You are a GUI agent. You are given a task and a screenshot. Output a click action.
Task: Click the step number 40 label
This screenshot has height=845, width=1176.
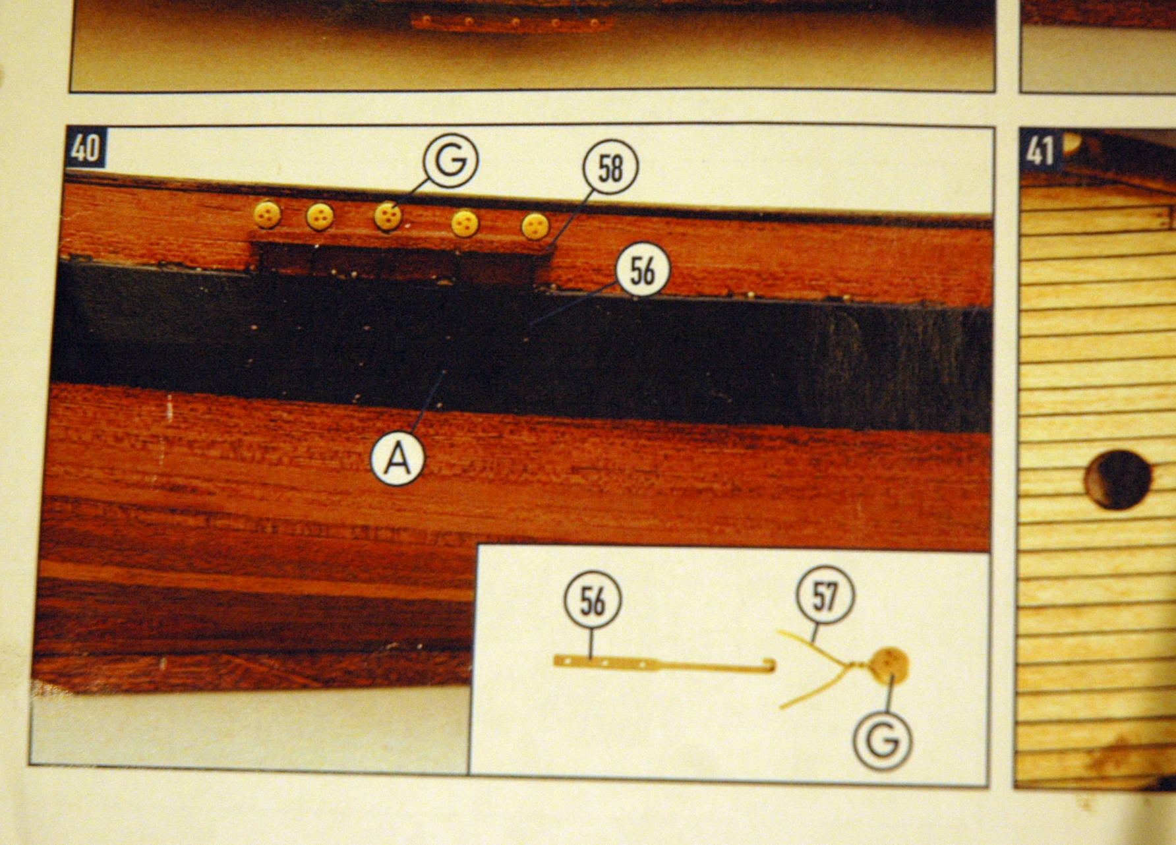[86, 149]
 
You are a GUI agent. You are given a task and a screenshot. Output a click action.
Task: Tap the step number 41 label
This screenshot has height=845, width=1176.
[1040, 150]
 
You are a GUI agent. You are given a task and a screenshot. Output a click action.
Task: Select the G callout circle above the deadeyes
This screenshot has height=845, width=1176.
[451, 160]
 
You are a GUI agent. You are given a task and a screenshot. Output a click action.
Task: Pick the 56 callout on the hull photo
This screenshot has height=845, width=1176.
[643, 270]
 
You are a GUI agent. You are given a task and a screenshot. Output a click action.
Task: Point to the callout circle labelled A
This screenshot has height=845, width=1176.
[398, 457]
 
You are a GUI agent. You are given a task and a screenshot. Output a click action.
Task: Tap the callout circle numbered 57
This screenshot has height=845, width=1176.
[825, 595]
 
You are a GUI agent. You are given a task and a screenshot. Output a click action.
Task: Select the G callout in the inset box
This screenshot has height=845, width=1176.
[883, 741]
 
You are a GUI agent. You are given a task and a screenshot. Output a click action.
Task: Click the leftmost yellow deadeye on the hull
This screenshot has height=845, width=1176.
[268, 214]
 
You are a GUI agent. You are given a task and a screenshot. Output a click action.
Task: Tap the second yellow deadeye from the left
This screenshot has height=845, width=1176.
[320, 216]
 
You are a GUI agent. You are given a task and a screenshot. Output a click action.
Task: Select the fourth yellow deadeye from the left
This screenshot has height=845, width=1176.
[465, 224]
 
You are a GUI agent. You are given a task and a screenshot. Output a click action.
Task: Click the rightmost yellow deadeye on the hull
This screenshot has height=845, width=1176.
[535, 226]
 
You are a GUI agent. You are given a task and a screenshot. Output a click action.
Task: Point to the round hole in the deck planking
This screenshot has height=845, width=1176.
[1119, 479]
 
